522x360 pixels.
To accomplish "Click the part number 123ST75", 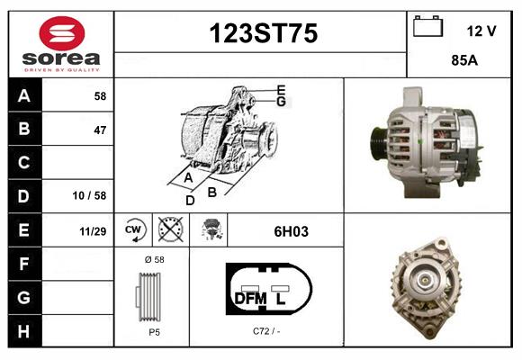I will tap(264, 34).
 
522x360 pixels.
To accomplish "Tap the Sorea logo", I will tap(61, 44).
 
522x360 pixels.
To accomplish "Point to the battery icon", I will tap(427, 28).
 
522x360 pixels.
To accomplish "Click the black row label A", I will tap(24, 95).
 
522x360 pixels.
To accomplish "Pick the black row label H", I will tap(24, 332).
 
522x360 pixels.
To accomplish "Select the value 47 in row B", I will tap(100, 130).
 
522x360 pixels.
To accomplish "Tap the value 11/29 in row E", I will tap(93, 231).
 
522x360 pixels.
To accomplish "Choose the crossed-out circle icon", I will tap(169, 230).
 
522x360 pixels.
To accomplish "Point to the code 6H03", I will tap(291, 231).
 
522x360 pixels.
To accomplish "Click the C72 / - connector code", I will tap(267, 331).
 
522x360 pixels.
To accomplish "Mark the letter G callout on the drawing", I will tap(282, 102).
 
